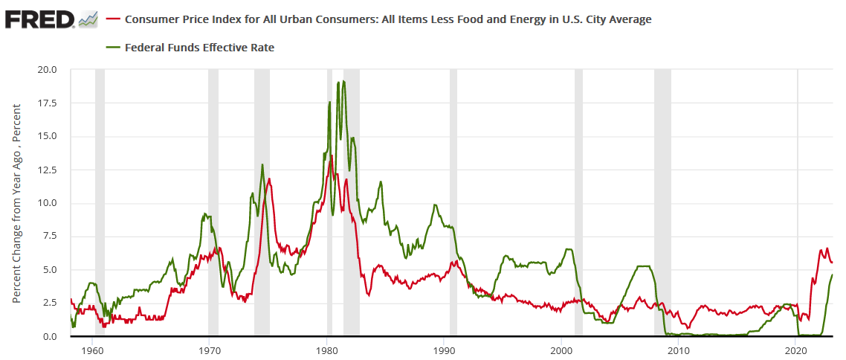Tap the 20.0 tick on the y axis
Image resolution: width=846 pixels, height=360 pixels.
(48, 70)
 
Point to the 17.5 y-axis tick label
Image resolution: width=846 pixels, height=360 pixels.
(48, 103)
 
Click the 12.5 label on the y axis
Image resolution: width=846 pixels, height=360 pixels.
(48, 170)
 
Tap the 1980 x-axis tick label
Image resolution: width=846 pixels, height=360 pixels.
(327, 349)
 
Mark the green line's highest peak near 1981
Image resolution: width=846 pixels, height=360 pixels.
(343, 81)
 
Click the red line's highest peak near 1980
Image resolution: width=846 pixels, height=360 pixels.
(330, 156)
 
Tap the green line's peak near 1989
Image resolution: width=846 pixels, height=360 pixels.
(434, 205)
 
